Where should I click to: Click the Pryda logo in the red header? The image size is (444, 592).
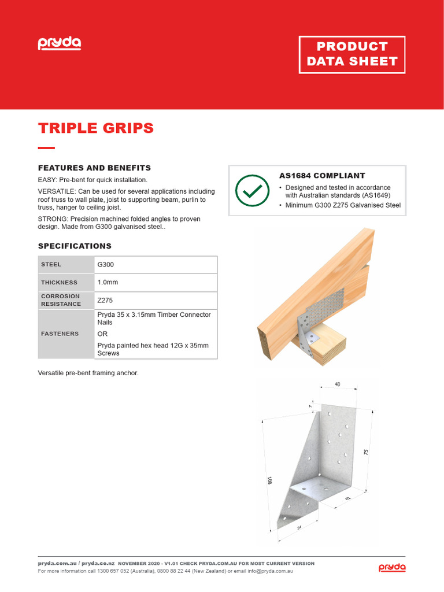pyautogui.click(x=60, y=43)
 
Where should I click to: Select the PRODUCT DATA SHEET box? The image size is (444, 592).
pyautogui.click(x=351, y=54)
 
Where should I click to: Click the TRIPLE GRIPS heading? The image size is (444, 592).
pyautogui.click(x=95, y=128)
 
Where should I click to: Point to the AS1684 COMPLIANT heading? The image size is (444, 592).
pyautogui.click(x=321, y=176)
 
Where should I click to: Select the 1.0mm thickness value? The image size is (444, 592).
pyautogui.click(x=108, y=283)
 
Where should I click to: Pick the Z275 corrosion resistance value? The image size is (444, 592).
pyautogui.click(x=106, y=301)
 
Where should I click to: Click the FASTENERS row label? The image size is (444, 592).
pyautogui.click(x=59, y=334)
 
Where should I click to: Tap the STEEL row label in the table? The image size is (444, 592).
pyautogui.click(x=51, y=265)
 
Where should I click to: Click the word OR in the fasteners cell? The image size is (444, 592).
pyautogui.click(x=102, y=334)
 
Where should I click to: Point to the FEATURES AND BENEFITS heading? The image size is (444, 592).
pyautogui.click(x=94, y=168)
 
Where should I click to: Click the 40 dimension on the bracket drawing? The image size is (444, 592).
pyautogui.click(x=337, y=384)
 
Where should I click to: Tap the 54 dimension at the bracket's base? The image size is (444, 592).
pyautogui.click(x=299, y=527)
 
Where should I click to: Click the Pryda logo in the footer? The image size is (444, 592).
pyautogui.click(x=392, y=568)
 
